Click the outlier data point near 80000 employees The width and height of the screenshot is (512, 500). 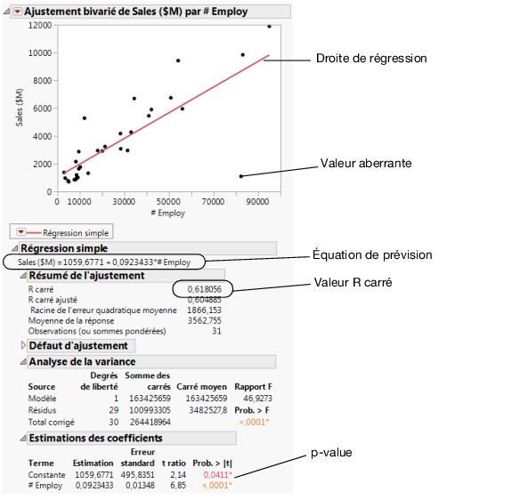[x=241, y=176]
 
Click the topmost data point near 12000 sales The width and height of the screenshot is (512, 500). [x=270, y=27]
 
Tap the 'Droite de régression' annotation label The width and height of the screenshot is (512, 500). [x=371, y=59]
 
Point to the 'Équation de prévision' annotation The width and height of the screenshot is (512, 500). [x=374, y=254]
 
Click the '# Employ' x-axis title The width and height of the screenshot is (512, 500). [x=167, y=214]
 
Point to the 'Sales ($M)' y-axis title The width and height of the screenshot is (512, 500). [x=20, y=108]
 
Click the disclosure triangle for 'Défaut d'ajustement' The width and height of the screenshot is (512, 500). [x=22, y=344]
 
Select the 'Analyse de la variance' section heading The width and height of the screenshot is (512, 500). [x=82, y=362]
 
